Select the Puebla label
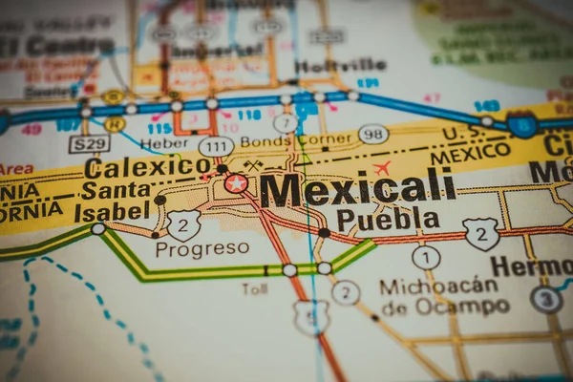pyautogui.click(x=388, y=220)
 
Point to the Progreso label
pyautogui.click(x=202, y=249)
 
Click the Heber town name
pyautogui.click(x=164, y=143)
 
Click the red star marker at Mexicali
pyautogui.click(x=236, y=183)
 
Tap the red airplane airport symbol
pyautogui.click(x=382, y=169)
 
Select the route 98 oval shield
pyautogui.click(x=373, y=134)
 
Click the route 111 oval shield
pyautogui.click(x=216, y=146)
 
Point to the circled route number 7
pyautogui.click(x=285, y=122)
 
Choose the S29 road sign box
pyautogui.click(x=89, y=144)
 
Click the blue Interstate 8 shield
pyautogui.click(x=521, y=124)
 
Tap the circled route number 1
pyautogui.click(x=426, y=257)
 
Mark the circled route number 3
pyautogui.click(x=545, y=300)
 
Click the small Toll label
pyautogui.click(x=255, y=288)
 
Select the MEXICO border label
pyautogui.click(x=469, y=152)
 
